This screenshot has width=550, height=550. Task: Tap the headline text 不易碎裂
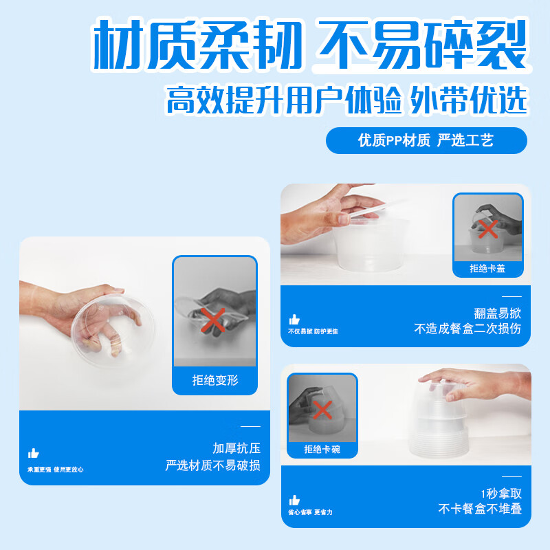[x=420, y=46]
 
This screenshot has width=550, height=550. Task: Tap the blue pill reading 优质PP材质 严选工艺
[x=426, y=141]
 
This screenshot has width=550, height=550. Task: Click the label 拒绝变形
[x=214, y=380]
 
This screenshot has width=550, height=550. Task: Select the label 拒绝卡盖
[x=487, y=268]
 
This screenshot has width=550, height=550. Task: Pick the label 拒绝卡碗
[x=322, y=450]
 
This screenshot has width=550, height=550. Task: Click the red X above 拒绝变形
[x=214, y=320]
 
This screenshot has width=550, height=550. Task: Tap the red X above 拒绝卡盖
[x=488, y=229]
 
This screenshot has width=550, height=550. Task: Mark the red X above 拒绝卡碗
[x=322, y=410]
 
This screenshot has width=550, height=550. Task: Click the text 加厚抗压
[x=236, y=448]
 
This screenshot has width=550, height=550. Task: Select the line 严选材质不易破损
[x=212, y=465]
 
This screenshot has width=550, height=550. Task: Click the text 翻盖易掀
[x=497, y=311]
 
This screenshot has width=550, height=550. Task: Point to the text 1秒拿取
[x=500, y=492]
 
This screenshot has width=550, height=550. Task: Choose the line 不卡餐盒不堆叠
[x=480, y=509]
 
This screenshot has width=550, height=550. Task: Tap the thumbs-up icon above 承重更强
[x=33, y=453]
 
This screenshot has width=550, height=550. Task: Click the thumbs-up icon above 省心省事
[x=294, y=500]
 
